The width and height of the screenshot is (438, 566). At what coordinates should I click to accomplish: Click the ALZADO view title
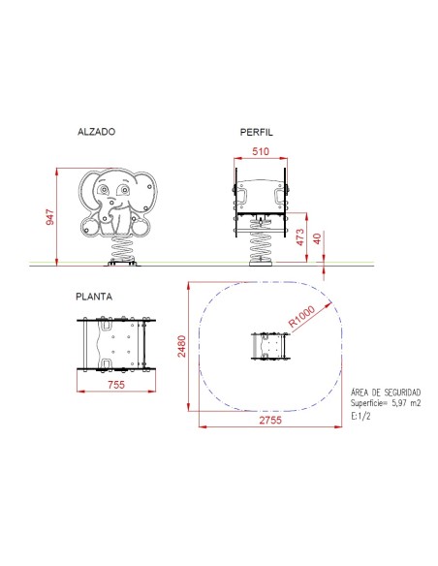point(96,132)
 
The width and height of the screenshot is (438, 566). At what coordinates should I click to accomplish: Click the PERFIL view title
point(257,132)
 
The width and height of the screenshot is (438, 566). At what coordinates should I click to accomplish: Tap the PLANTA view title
point(94,297)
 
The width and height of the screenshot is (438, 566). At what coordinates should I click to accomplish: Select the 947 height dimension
point(49,217)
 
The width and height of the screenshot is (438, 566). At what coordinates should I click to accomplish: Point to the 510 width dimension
point(261,151)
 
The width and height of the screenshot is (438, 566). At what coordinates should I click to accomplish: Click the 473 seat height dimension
point(299,237)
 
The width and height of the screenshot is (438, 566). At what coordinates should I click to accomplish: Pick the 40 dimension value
point(317,238)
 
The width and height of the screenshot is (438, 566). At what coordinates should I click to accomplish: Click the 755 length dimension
point(116,385)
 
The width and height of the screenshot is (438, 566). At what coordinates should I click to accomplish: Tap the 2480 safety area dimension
point(181,346)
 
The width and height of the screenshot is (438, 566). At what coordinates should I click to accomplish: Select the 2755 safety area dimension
point(270,420)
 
